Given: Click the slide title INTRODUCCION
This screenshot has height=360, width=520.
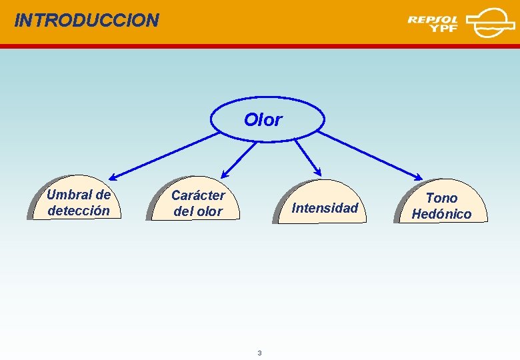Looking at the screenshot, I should point(87,20).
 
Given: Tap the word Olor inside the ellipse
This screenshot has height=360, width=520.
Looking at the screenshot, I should point(263,120).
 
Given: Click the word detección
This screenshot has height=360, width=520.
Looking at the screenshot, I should point(79,211).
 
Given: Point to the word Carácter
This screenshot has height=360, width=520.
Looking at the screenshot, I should point(198,195).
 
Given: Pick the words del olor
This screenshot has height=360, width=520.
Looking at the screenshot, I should point(198,212).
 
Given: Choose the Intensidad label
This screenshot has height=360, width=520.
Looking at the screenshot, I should point(325,208).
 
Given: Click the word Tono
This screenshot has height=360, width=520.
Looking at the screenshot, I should point(441,198).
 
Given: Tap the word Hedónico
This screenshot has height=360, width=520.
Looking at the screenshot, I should point(441,214).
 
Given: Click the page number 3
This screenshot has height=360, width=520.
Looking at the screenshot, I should point(259,353).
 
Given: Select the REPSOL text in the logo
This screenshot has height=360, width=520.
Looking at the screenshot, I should point(433,19).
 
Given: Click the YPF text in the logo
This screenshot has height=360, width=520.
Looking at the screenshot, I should point(444,29).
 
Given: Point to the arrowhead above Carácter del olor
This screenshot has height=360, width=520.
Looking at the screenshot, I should point(225,173).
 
